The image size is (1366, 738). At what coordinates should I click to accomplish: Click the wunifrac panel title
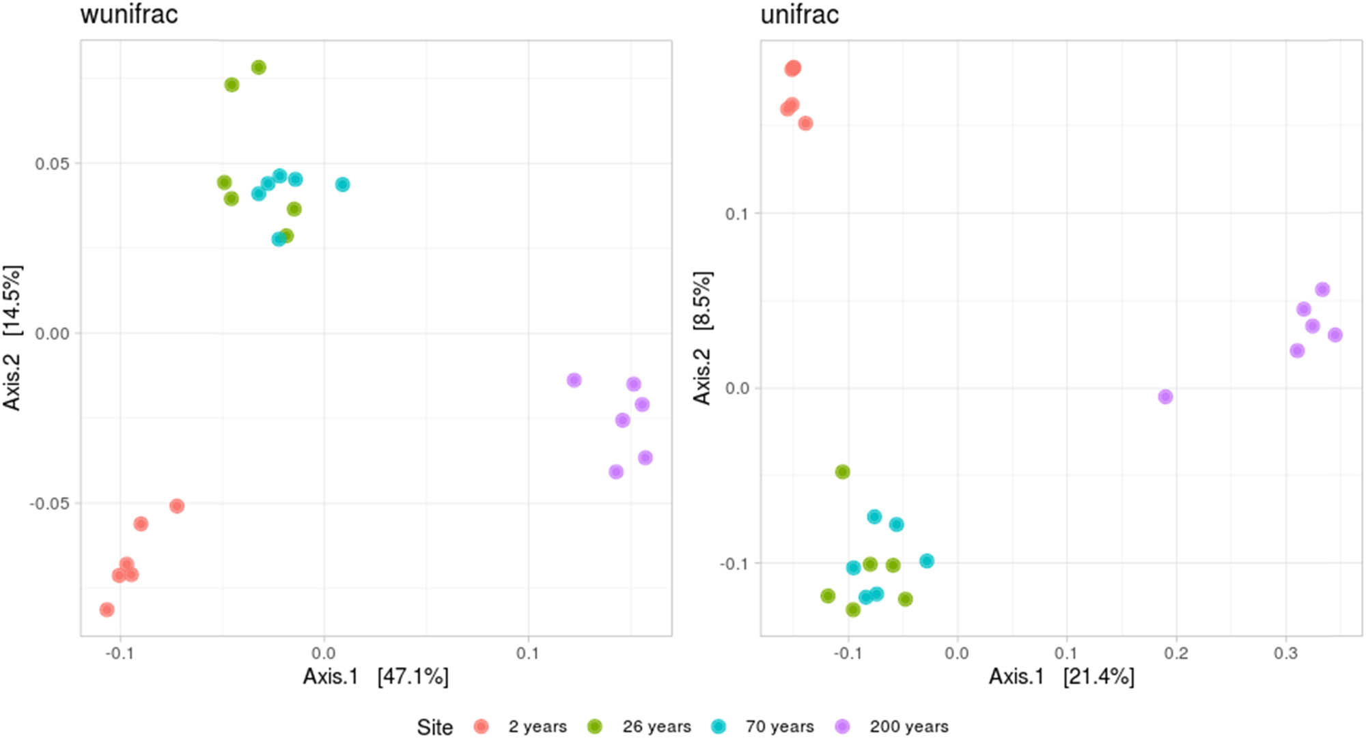129,14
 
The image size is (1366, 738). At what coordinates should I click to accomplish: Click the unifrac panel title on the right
799,14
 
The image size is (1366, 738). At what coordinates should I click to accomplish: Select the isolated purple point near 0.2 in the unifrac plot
1165,397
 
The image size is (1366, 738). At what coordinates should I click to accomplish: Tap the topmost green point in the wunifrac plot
258,68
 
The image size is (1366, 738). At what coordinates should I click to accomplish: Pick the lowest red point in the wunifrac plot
107,610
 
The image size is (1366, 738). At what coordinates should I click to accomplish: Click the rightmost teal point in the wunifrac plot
342,184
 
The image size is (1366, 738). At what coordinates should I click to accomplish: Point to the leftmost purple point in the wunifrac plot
574,380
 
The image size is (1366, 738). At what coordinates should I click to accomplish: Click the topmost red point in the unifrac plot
792,68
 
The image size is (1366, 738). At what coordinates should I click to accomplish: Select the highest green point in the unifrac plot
842,472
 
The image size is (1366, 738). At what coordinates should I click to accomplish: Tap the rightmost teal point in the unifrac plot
926,561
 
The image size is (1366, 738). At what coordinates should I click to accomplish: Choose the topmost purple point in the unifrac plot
1322,289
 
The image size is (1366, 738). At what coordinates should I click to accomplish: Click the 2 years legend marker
481,726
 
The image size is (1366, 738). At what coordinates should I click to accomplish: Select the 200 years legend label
908,726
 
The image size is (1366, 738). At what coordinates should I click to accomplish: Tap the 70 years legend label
779,726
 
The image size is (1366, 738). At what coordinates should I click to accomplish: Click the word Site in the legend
434,727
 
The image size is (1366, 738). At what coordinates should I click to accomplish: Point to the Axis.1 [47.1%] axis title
376,677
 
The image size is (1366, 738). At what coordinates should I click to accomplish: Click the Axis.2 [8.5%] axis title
702,338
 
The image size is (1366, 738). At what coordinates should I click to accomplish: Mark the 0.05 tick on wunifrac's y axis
52,164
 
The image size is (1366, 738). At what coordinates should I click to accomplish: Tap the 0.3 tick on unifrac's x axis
1285,653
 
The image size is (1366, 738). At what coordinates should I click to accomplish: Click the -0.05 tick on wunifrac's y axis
49,504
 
